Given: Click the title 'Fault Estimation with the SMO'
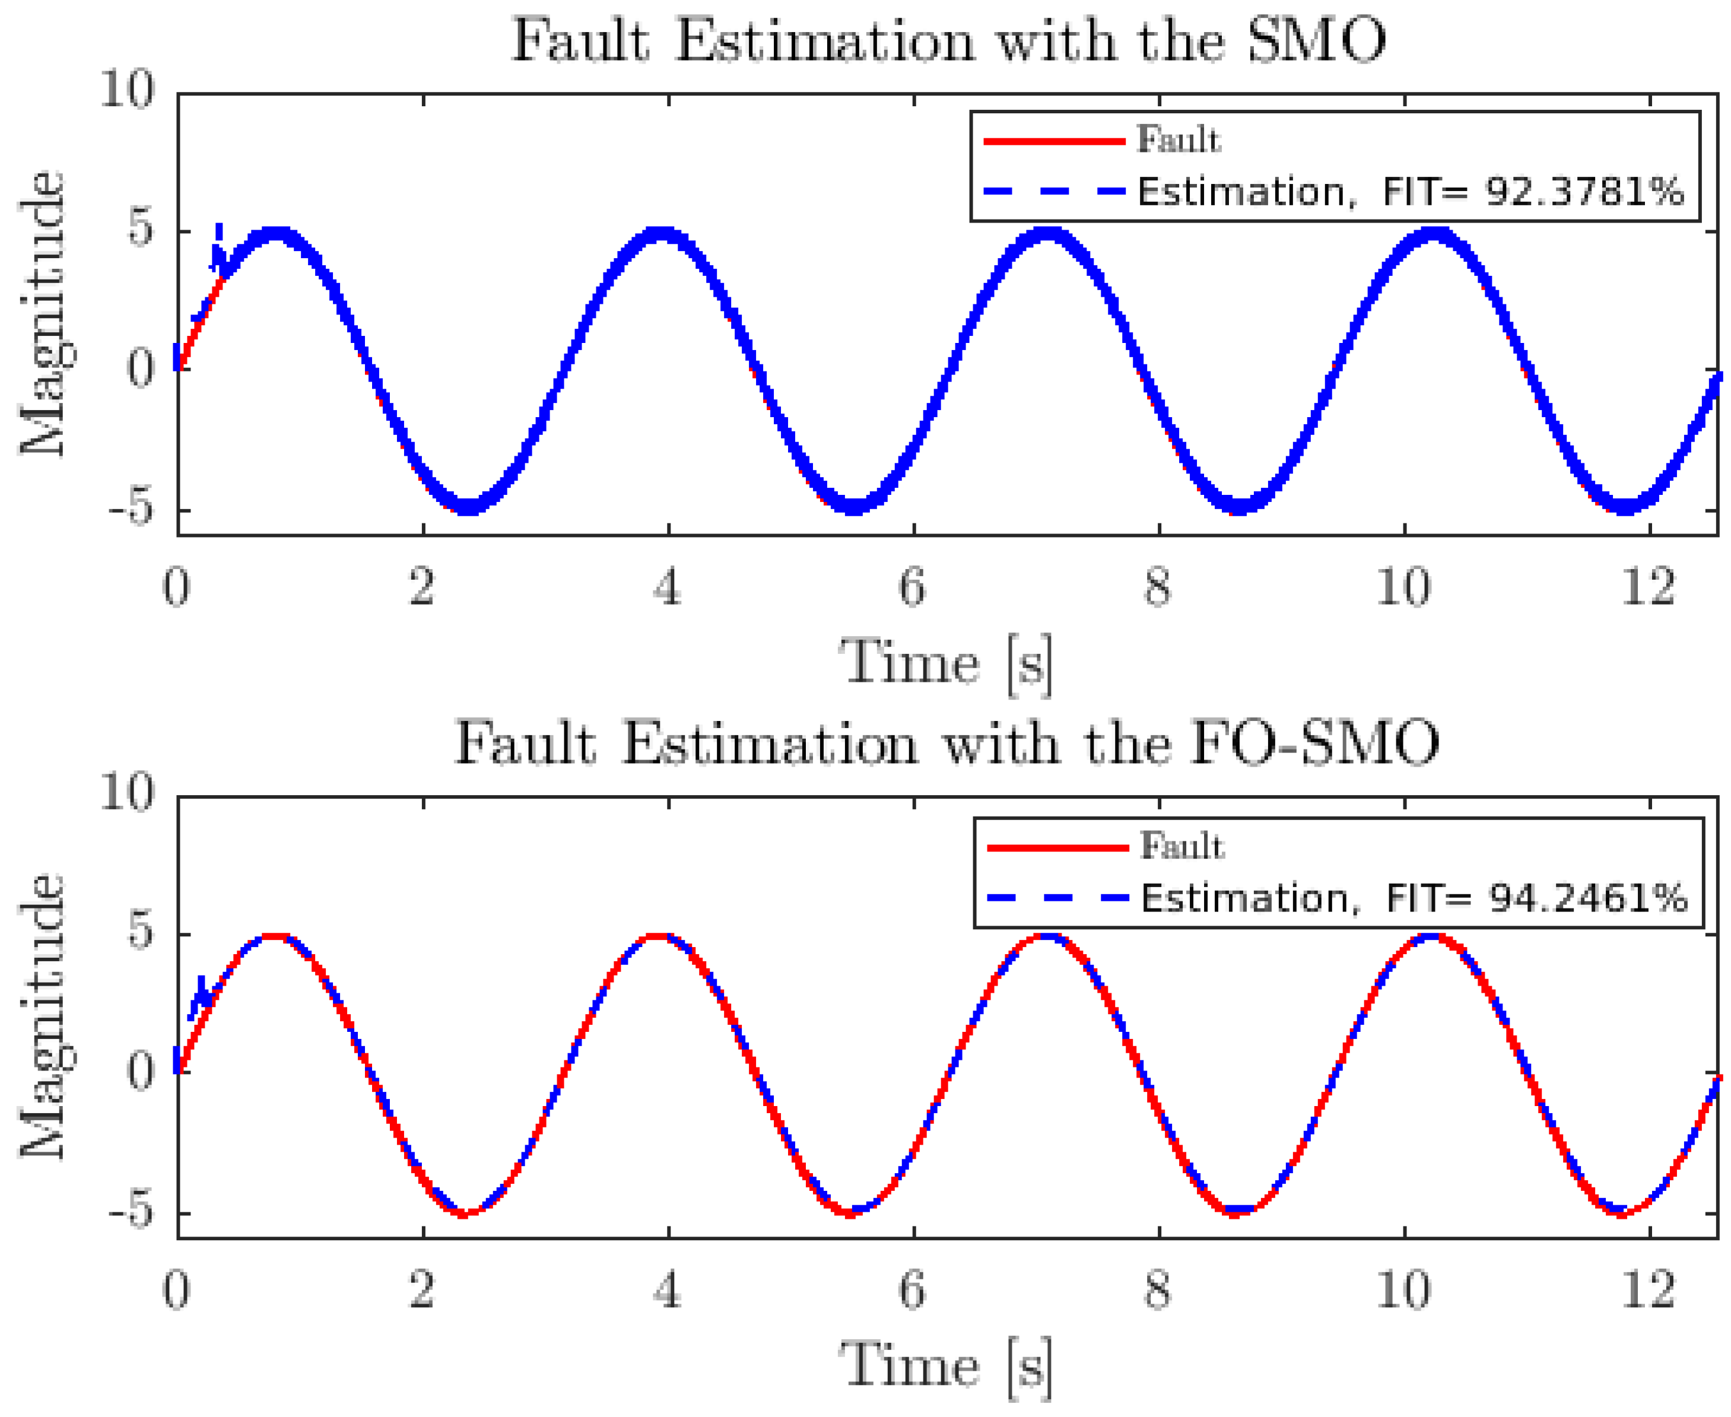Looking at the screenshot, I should pyautogui.click(x=948, y=41).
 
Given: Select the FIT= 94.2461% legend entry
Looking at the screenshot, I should pyautogui.click(x=1413, y=899).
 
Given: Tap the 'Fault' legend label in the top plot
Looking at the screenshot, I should pyautogui.click(x=1178, y=141).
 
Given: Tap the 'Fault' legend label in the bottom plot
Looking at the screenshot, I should pyautogui.click(x=1181, y=846).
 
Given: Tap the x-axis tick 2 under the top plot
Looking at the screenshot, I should pyautogui.click(x=422, y=587).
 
